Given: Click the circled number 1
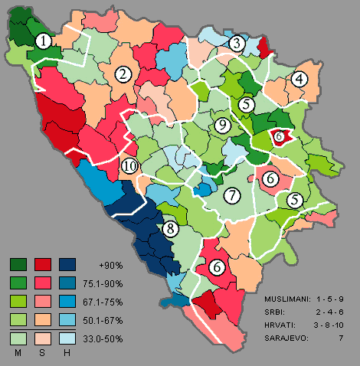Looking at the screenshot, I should [x=46, y=41].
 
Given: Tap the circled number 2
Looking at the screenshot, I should [x=122, y=74].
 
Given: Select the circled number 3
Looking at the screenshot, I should [x=237, y=43].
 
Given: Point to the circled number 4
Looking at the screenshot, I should [x=299, y=78].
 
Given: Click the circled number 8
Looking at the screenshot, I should [x=170, y=227].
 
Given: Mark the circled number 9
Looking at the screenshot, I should [x=222, y=126].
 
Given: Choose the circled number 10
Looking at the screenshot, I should [x=129, y=165].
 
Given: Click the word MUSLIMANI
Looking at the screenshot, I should [x=286, y=296].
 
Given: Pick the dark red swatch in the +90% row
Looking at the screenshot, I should [x=43, y=264].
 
